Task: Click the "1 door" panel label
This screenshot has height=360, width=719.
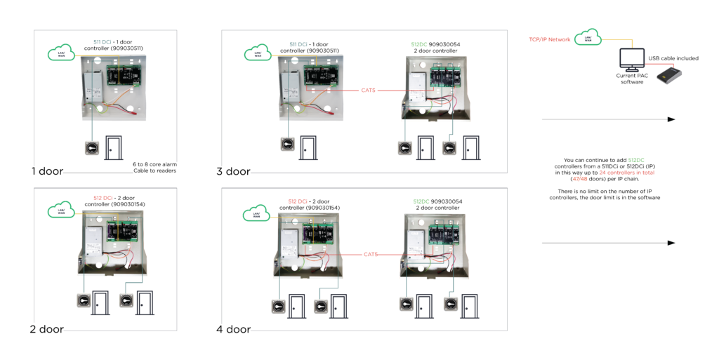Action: click(x=46, y=171)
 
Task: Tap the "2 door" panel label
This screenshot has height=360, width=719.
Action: click(x=46, y=329)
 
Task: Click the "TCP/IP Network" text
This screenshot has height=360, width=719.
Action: click(x=550, y=40)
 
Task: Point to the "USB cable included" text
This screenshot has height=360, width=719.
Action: click(x=673, y=58)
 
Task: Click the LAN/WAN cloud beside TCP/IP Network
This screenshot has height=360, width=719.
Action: click(x=588, y=37)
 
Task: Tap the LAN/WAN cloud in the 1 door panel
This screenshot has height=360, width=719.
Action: click(x=61, y=53)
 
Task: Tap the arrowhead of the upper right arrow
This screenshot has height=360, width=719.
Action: click(x=671, y=119)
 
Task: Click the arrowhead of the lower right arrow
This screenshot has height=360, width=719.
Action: click(x=671, y=243)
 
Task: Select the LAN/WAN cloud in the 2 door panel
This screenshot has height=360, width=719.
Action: click(x=61, y=210)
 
